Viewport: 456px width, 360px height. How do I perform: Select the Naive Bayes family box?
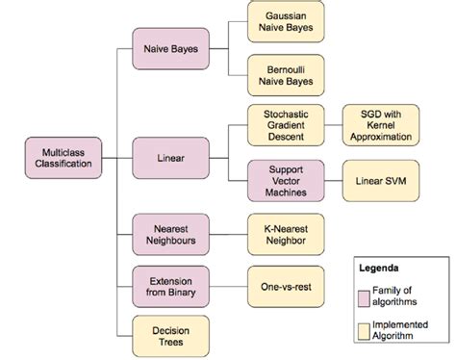pyautogui.click(x=170, y=47)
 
